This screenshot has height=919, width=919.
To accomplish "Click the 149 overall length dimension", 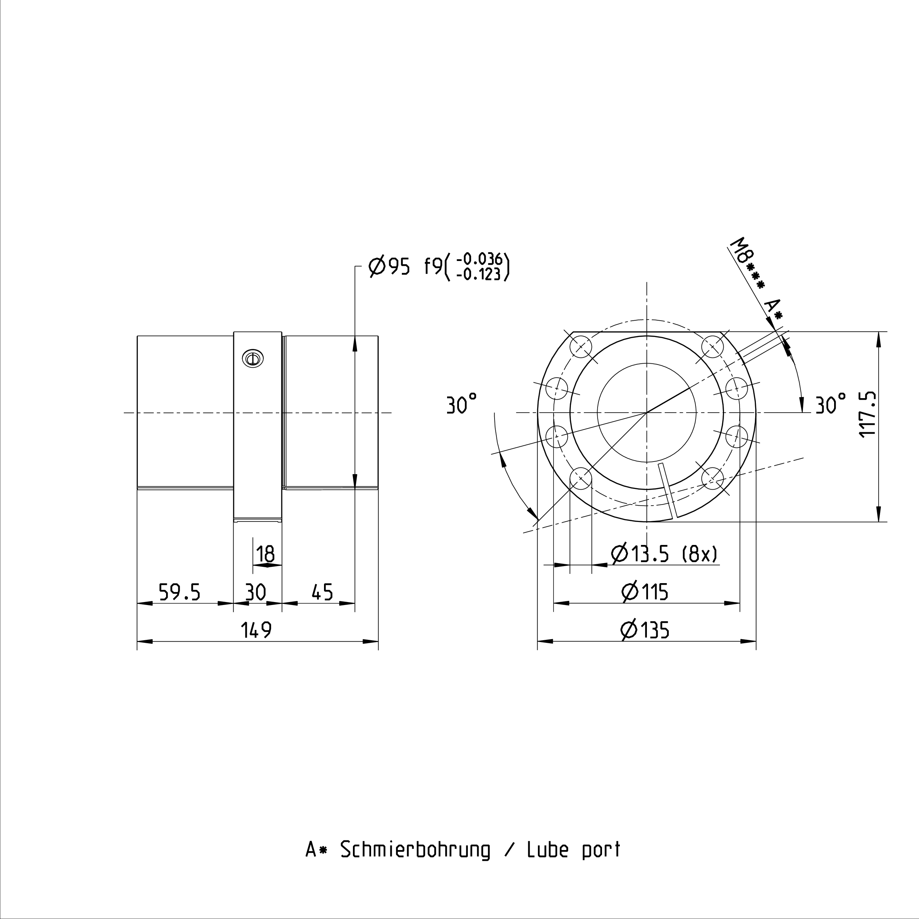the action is pyautogui.click(x=257, y=630).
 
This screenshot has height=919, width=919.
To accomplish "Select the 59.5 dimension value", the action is pyautogui.click(x=179, y=592).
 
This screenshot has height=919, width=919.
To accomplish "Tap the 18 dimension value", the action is pyautogui.click(x=265, y=554).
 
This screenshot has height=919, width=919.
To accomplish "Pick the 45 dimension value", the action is pyautogui.click(x=323, y=592).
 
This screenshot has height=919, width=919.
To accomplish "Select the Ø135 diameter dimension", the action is pyautogui.click(x=645, y=630).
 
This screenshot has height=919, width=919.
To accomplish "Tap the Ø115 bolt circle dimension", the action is pyautogui.click(x=645, y=592).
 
